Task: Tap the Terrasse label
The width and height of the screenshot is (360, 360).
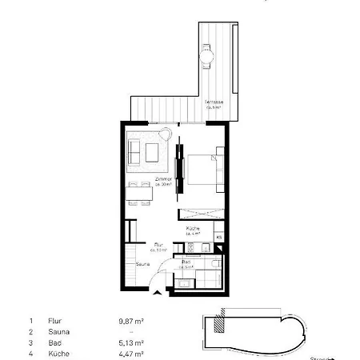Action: (x=213, y=104)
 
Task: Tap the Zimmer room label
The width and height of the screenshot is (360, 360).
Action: (x=166, y=182)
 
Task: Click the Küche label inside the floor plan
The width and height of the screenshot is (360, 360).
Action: (x=193, y=230)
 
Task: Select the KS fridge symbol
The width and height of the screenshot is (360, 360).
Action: (x=218, y=237)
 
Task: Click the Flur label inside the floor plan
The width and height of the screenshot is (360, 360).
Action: (x=159, y=247)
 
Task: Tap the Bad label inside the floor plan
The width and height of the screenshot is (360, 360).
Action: (x=186, y=263)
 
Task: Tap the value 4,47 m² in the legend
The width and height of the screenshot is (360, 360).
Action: (x=130, y=353)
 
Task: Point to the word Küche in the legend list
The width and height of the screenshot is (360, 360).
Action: (x=57, y=353)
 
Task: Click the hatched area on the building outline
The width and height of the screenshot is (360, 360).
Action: (x=222, y=326)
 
